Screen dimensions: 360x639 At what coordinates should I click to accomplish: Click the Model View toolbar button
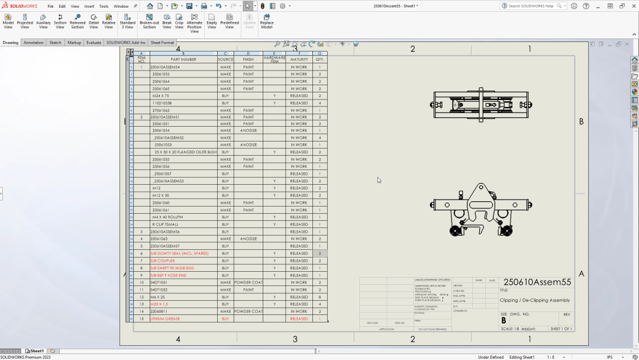click(8, 21)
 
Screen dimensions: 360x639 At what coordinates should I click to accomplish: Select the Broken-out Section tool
click(149, 21)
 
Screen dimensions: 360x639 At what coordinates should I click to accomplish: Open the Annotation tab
click(33, 43)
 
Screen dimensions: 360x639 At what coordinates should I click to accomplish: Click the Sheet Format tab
click(162, 43)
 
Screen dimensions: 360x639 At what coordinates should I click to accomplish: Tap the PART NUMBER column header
click(183, 59)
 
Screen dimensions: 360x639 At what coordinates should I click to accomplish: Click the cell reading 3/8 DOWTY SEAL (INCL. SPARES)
click(179, 253)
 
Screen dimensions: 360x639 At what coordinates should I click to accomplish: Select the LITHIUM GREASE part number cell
click(165, 319)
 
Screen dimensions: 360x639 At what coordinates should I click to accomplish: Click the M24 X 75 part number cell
click(160, 96)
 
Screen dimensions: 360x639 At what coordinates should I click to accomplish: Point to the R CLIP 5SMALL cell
click(165, 224)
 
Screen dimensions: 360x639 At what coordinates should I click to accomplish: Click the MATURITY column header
click(299, 59)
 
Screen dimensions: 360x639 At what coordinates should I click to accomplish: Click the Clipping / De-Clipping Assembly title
click(534, 300)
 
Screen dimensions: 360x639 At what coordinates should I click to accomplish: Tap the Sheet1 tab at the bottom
click(37, 351)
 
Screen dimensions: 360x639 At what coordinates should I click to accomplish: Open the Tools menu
click(104, 6)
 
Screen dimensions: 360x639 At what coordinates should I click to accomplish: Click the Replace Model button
click(267, 21)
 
